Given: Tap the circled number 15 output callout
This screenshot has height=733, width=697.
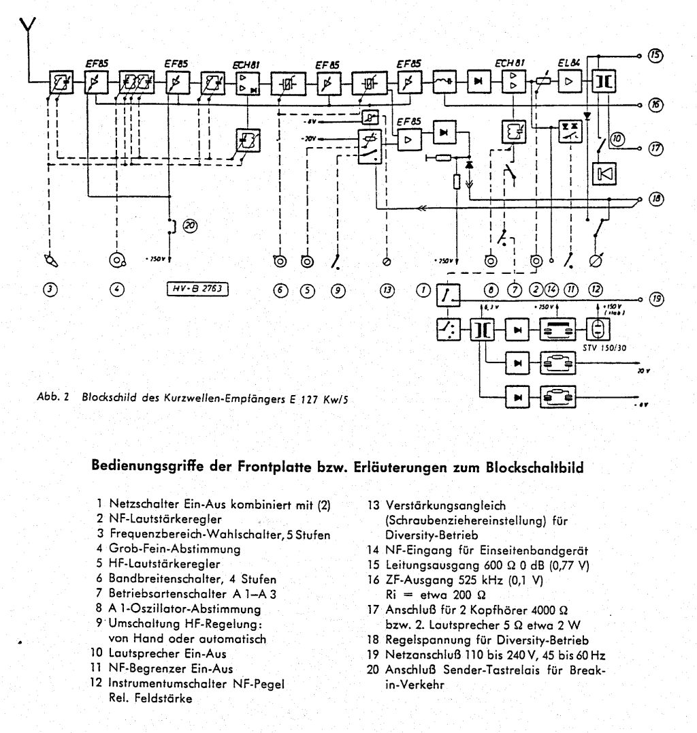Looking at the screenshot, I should (655, 55).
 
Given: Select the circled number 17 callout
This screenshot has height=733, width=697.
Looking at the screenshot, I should (655, 148).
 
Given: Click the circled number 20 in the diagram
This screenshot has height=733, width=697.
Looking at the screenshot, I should (190, 228).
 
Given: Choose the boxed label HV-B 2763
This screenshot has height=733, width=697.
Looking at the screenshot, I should (197, 290).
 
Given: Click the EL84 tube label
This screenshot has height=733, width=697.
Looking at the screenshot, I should (568, 64).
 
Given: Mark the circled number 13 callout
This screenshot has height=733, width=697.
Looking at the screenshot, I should (387, 290).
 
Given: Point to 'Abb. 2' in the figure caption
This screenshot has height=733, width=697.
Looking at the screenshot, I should (59, 399).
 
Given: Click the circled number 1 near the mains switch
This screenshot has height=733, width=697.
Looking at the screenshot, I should (423, 290).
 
